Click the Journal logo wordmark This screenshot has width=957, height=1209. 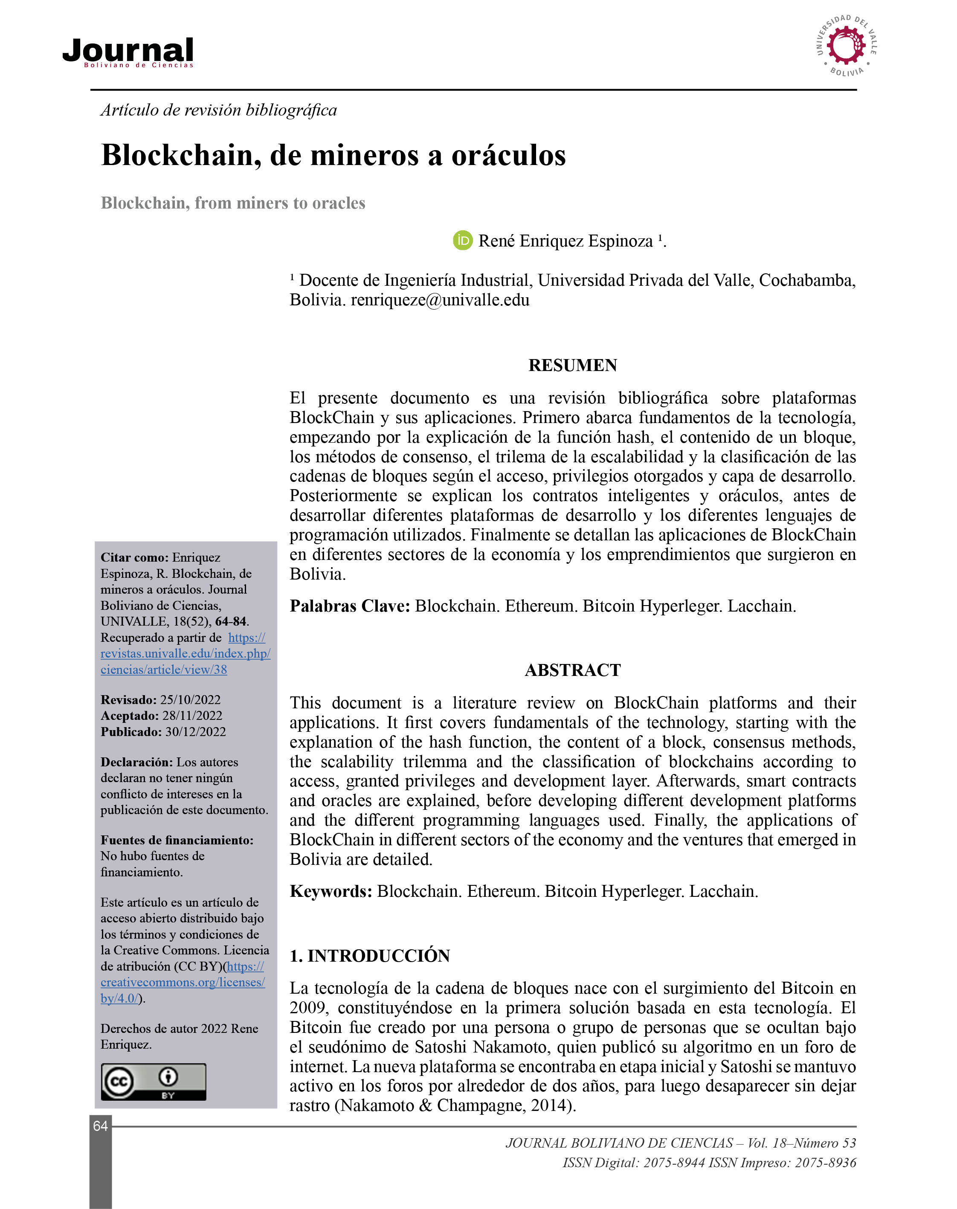(x=128, y=52)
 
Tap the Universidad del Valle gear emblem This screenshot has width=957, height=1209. (x=846, y=46)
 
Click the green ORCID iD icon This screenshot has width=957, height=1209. (x=462, y=241)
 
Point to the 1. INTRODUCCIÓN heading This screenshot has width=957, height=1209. (x=369, y=956)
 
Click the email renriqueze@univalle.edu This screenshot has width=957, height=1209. (x=440, y=300)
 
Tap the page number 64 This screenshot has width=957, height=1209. (x=100, y=1126)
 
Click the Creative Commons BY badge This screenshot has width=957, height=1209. (x=153, y=1082)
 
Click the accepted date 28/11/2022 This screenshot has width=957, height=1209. (x=192, y=716)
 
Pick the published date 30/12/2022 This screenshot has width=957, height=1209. (x=196, y=732)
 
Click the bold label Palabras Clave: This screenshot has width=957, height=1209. (x=350, y=606)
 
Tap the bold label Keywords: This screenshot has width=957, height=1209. (x=331, y=891)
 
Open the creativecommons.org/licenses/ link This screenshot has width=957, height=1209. (x=183, y=982)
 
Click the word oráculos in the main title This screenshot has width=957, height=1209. (x=508, y=155)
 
